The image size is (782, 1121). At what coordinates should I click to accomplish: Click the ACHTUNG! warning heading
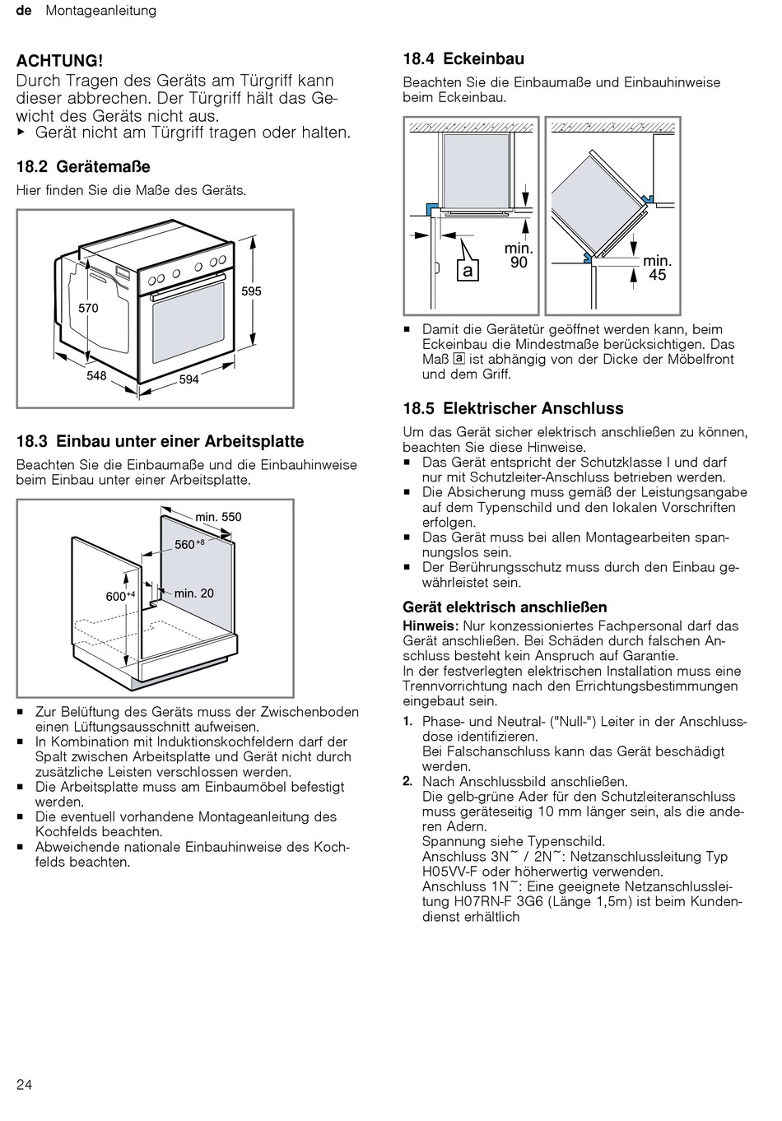pyautogui.click(x=60, y=60)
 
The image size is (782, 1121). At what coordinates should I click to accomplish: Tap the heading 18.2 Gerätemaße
pyautogui.click(x=83, y=167)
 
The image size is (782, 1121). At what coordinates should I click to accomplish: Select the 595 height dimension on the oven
pyautogui.click(x=252, y=291)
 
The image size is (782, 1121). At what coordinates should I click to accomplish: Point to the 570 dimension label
pyautogui.click(x=88, y=308)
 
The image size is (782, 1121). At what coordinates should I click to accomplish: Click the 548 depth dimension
pyautogui.click(x=96, y=375)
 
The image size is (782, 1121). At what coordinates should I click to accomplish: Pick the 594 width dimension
pyautogui.click(x=189, y=379)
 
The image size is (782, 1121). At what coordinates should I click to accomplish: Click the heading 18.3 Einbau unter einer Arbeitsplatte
pyautogui.click(x=160, y=442)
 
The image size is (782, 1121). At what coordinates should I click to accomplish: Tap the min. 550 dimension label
pyautogui.click(x=218, y=517)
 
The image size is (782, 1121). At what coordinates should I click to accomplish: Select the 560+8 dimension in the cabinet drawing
pyautogui.click(x=189, y=544)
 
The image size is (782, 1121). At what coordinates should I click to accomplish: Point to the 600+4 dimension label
pyautogui.click(x=120, y=596)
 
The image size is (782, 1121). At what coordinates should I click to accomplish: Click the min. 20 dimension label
pyautogui.click(x=194, y=593)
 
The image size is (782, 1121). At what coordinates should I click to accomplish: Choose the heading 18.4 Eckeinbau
pyautogui.click(x=463, y=59)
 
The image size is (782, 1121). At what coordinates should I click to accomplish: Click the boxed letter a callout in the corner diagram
pyautogui.click(x=468, y=270)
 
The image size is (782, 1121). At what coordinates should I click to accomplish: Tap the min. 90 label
pyautogui.click(x=519, y=255)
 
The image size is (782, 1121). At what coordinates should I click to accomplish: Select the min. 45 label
pyautogui.click(x=658, y=268)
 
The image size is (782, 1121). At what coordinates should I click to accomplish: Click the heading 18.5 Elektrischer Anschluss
pyautogui.click(x=513, y=409)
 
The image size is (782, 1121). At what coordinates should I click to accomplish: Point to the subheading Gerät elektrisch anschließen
pyautogui.click(x=505, y=607)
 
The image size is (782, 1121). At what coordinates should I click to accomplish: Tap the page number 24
pyautogui.click(x=25, y=1084)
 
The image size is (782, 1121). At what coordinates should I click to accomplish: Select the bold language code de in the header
pyautogui.click(x=23, y=11)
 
